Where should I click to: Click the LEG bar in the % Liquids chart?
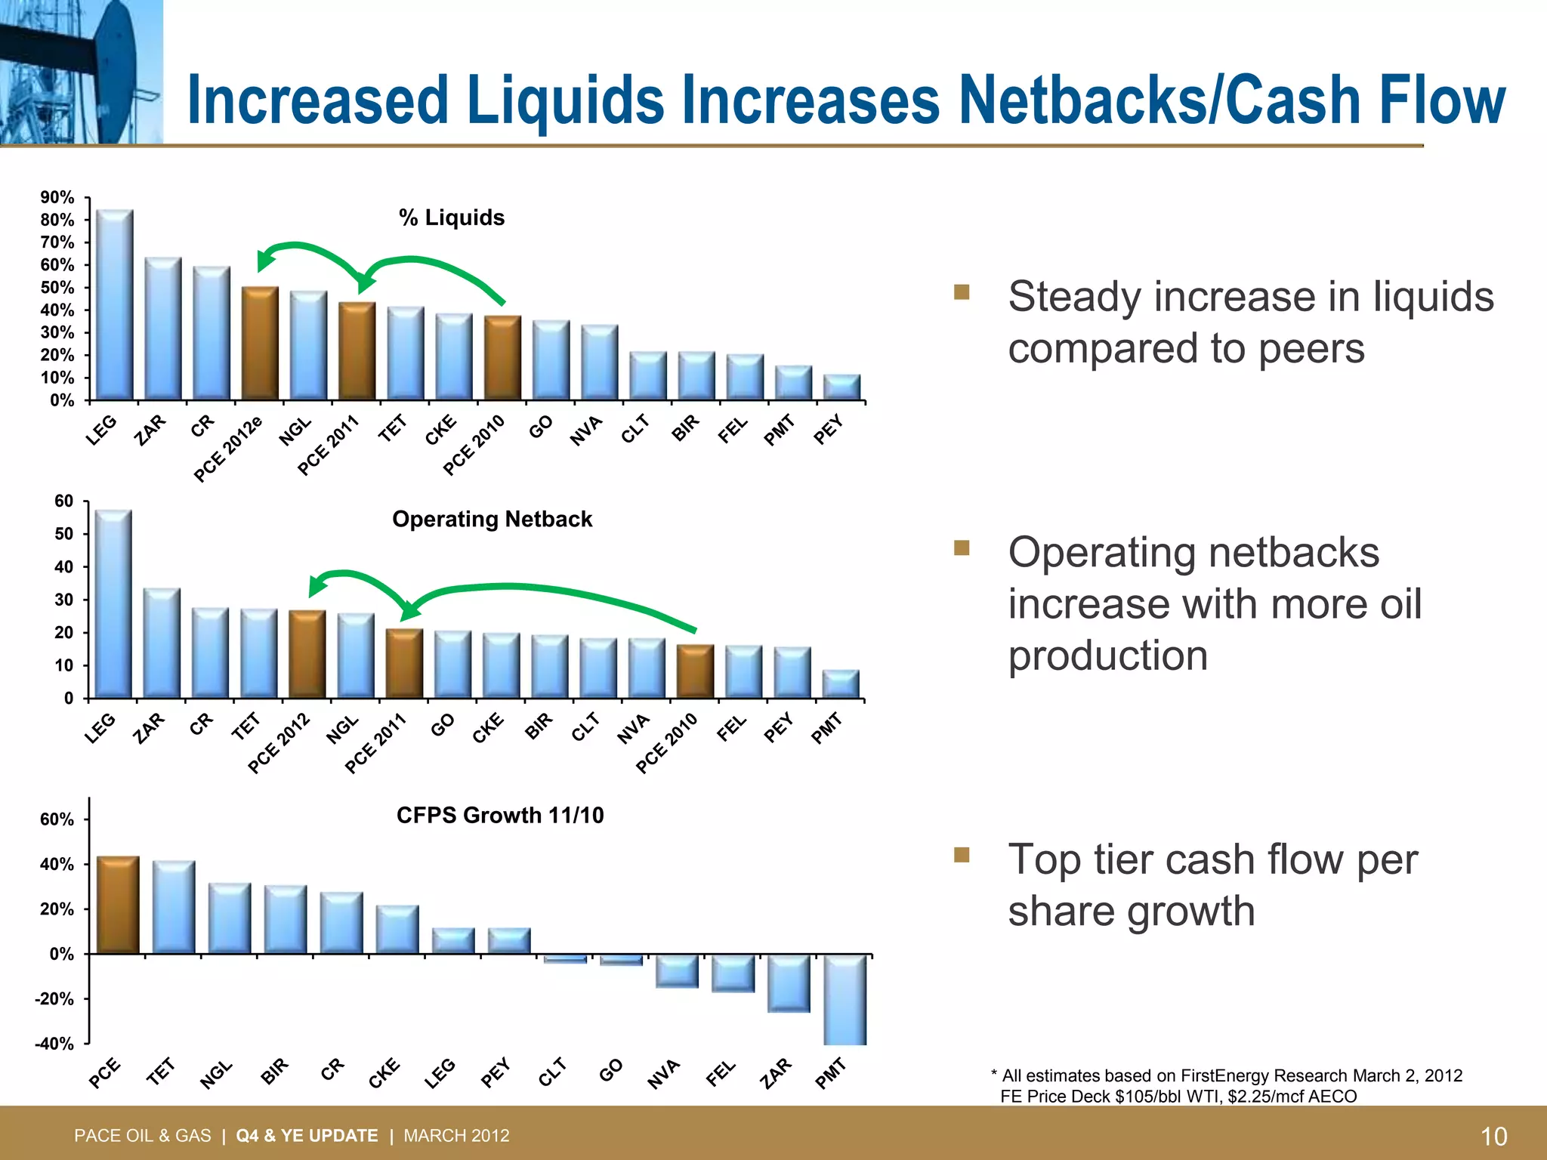point(115,305)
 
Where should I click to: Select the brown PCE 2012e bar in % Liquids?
point(260,344)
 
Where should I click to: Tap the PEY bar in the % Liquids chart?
point(841,387)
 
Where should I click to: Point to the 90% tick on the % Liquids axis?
point(57,198)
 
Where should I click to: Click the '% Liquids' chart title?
point(452,217)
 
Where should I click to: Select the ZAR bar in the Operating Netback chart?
point(162,643)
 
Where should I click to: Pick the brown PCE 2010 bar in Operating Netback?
point(695,671)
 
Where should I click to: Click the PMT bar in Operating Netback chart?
point(841,684)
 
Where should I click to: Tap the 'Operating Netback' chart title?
point(492,519)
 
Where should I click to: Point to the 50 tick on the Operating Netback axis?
point(63,534)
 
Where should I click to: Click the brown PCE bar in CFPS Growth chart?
point(118,905)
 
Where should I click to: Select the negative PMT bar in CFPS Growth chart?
point(845,1000)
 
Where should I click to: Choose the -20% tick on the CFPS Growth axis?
point(54,999)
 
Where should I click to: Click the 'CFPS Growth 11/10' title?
point(500,815)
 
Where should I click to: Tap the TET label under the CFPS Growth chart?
point(161,1072)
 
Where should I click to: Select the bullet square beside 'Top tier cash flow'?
point(961,854)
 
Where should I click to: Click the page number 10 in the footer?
point(1493,1136)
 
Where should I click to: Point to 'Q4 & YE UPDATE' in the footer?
point(307,1136)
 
